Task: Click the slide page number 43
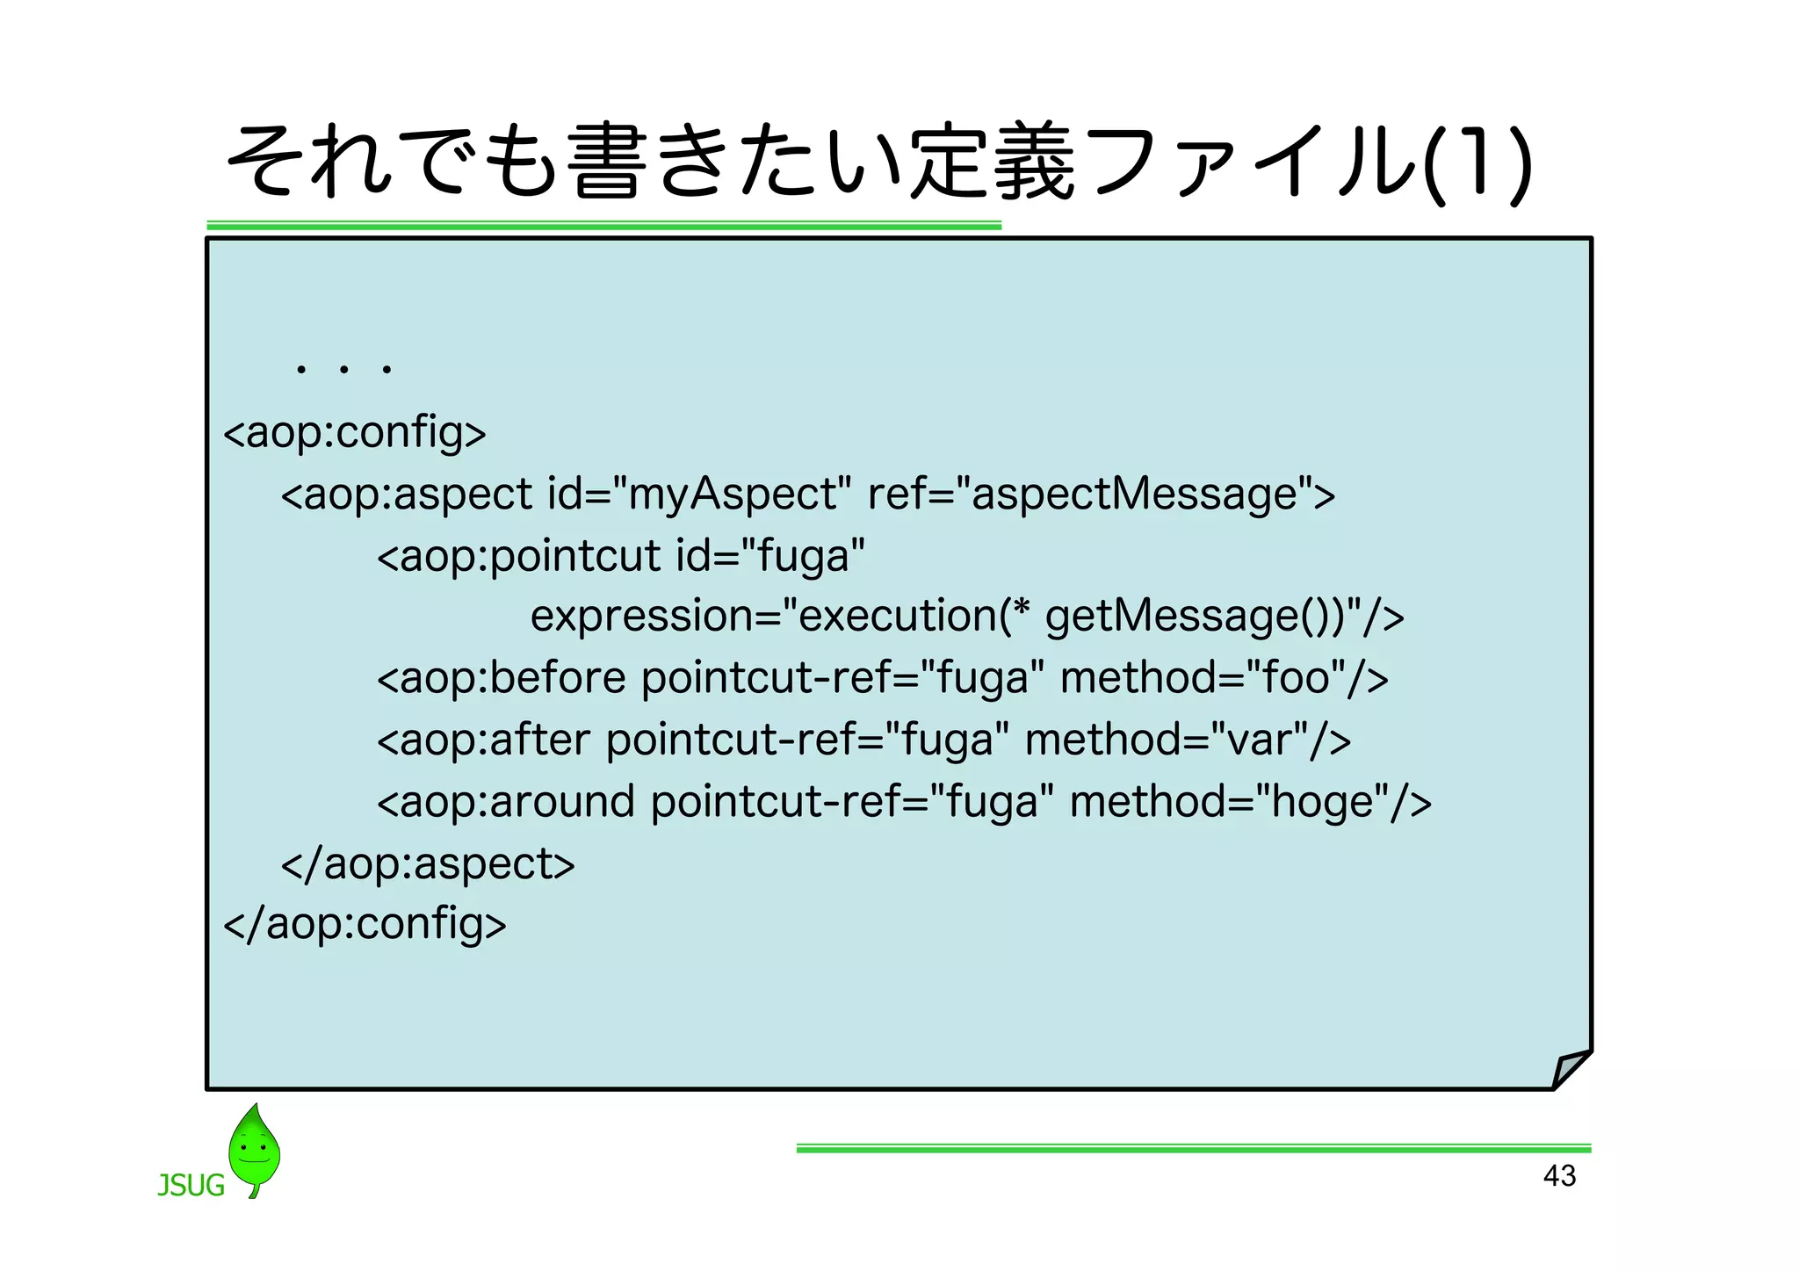pos(1559,1175)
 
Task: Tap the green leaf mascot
pos(254,1149)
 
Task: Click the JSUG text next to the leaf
pos(191,1186)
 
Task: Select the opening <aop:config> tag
pos(355,432)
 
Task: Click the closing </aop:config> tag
pos(365,924)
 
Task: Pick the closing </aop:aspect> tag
pos(428,863)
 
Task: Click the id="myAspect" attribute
pos(699,494)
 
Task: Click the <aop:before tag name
pos(502,678)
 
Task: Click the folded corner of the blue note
pos(1571,1069)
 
